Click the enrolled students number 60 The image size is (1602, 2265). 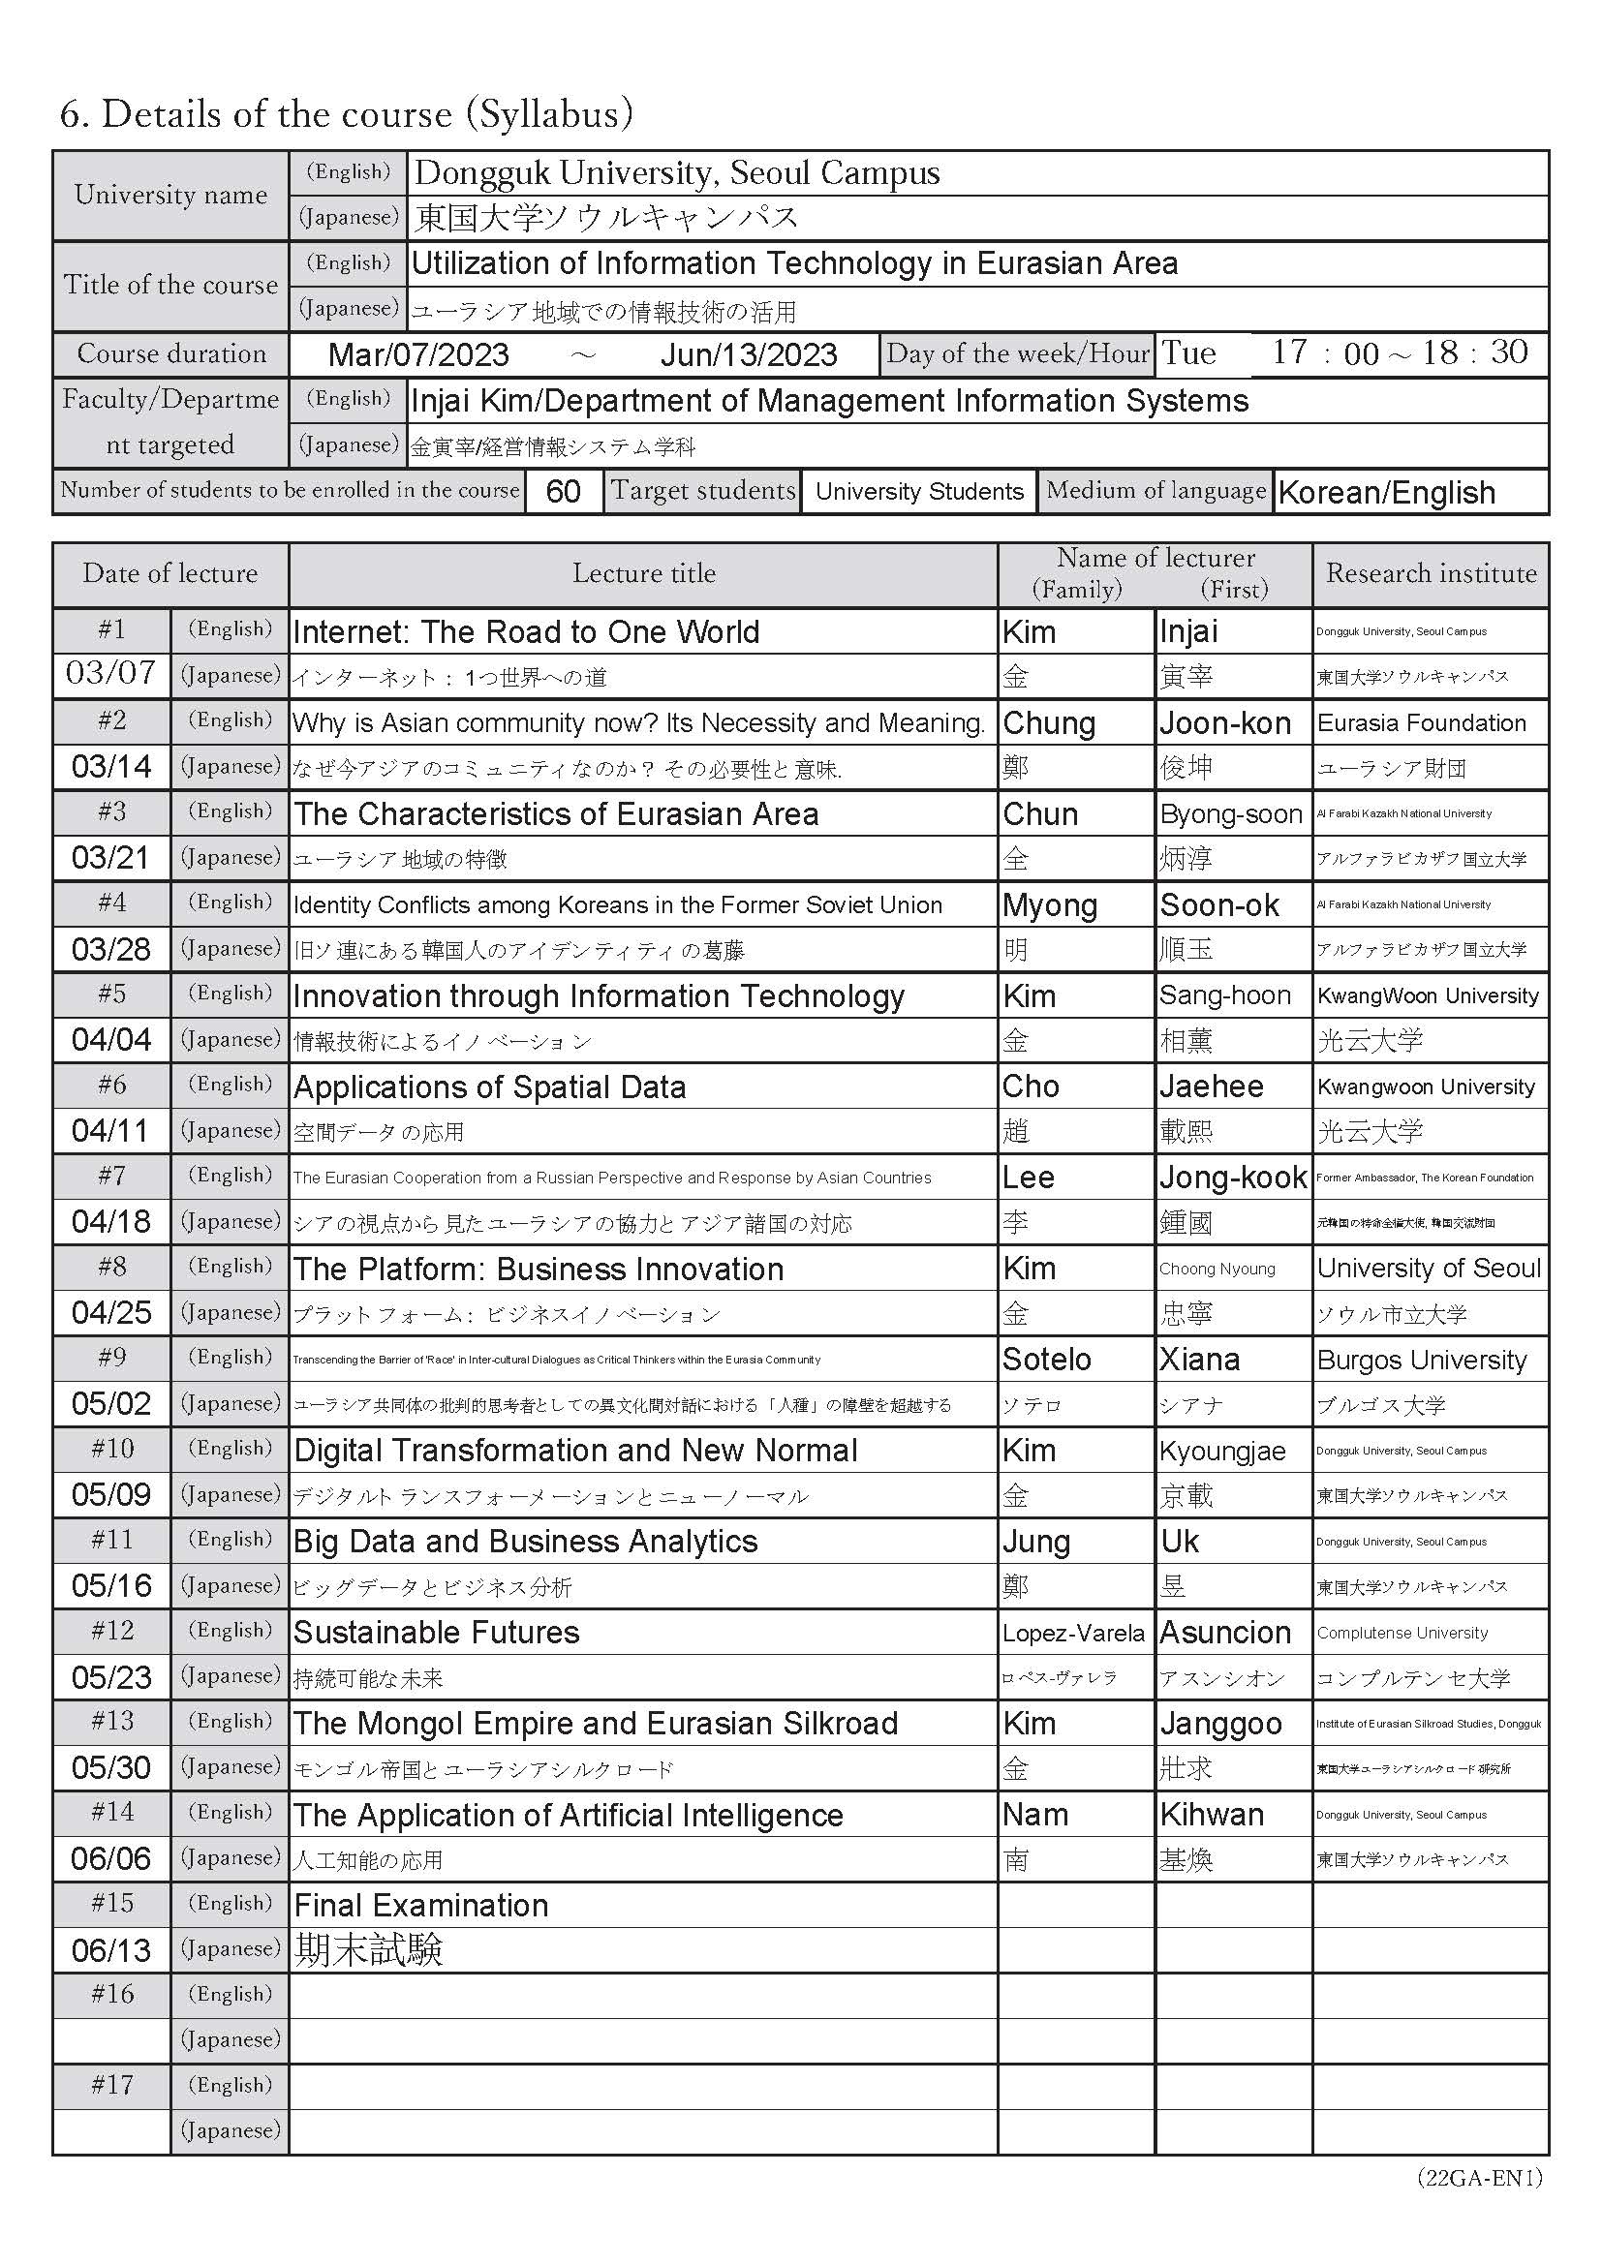point(563,491)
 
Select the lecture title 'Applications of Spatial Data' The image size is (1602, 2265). point(489,1087)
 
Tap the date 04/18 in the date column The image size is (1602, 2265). point(110,1222)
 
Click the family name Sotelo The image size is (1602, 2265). point(1047,1360)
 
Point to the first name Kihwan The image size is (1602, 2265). point(1212,1814)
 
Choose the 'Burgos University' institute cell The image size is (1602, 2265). point(1422,1360)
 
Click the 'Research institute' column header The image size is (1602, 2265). point(1431,573)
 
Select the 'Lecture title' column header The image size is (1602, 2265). point(643,573)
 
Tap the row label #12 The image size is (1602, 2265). point(111,1631)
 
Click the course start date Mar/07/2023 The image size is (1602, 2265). point(418,354)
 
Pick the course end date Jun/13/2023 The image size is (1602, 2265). point(749,354)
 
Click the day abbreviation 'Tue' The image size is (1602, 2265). point(1188,353)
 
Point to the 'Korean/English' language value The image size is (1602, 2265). point(1386,492)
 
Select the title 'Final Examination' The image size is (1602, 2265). point(421,1905)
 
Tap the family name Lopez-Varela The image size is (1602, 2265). point(1073,1633)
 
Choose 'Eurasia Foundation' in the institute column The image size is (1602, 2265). point(1422,723)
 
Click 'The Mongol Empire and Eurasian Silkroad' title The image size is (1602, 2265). point(596,1724)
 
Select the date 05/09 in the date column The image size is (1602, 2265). point(110,1494)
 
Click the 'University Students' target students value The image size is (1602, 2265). point(919,491)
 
